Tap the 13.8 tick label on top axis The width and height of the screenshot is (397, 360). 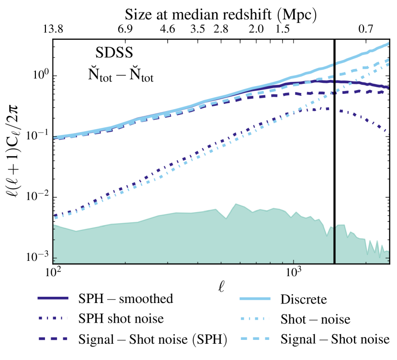click(53, 30)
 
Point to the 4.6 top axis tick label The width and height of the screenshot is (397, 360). click(167, 30)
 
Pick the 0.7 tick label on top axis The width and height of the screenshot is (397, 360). click(366, 30)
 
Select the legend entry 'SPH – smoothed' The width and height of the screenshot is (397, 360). click(125, 300)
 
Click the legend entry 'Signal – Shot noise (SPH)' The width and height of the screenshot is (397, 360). click(151, 339)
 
